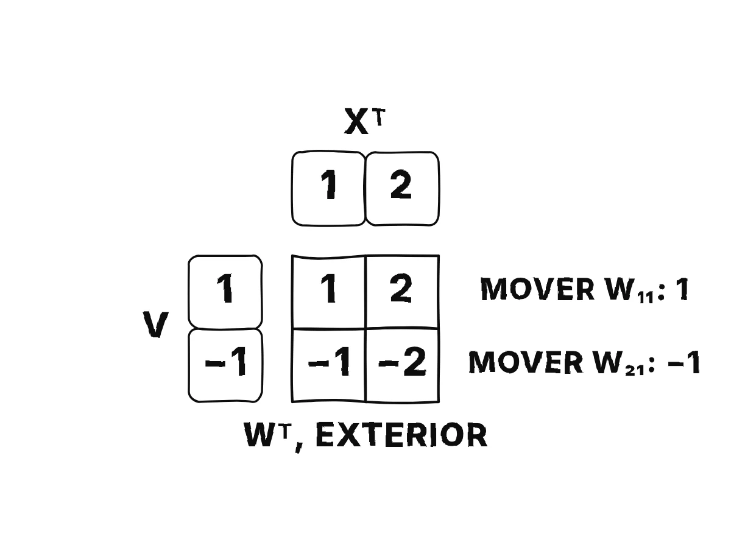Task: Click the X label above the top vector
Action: point(356,121)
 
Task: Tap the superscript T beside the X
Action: point(380,117)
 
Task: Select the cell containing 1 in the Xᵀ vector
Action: point(328,189)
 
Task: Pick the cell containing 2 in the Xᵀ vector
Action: point(403,189)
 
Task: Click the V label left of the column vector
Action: point(155,325)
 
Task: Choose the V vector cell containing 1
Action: point(225,292)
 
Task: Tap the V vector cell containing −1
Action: point(225,366)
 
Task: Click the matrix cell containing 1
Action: point(329,292)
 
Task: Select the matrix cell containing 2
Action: point(403,292)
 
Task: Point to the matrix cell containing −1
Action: point(329,366)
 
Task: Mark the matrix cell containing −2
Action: point(403,366)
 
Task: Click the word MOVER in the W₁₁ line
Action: point(537,289)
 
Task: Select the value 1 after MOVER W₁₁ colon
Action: point(683,289)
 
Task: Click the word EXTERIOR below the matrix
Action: point(401,435)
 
